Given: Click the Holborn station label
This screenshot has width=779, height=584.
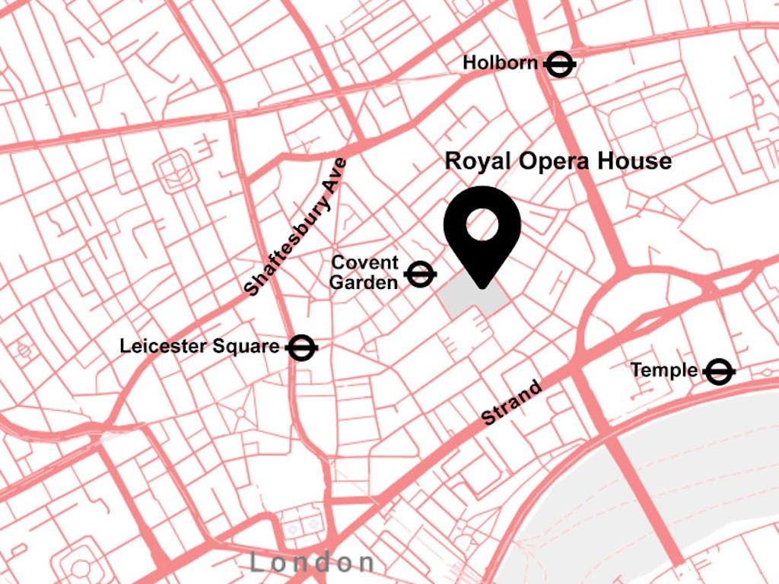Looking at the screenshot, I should coord(500,63).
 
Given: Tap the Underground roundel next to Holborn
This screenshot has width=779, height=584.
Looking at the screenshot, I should coord(559,65).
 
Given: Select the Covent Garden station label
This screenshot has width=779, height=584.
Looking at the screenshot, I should coord(365,273).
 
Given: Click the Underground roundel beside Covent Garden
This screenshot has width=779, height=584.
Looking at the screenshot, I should coord(420,274).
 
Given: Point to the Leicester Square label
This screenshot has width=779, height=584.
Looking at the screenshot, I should coord(199,347).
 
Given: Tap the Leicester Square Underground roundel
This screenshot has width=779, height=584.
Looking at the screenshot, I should coord(302,348).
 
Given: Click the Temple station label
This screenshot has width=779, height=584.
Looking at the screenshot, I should coord(663,370).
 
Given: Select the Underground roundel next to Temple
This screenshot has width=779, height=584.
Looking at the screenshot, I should coord(718,372).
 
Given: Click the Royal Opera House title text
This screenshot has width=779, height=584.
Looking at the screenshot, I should coord(558,161).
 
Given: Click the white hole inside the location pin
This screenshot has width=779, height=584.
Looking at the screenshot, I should coord(482,224).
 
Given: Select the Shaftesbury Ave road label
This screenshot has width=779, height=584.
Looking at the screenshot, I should coord(295,227).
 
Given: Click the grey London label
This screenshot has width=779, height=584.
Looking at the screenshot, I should coord(312,563).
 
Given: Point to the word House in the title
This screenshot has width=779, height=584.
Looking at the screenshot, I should coord(634,161).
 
